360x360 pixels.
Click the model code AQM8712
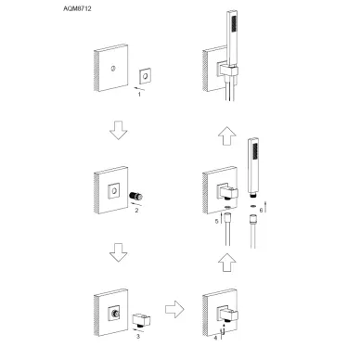coord(77,8)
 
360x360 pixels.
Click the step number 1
coord(139,94)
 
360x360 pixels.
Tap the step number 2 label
coord(136,211)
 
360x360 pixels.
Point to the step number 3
coord(138,336)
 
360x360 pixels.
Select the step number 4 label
coord(215,338)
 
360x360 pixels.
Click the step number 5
coord(217,222)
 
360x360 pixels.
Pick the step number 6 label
coord(261,211)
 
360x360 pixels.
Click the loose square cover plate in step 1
coord(145,75)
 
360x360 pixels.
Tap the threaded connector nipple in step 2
coord(136,196)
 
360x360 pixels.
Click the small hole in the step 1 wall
coord(113,69)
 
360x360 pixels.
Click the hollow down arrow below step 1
coord(118,130)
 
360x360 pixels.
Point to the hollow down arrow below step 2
coord(118,252)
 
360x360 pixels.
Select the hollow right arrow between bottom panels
coord(174,309)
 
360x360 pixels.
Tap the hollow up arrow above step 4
coord(226,263)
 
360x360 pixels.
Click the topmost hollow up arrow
coord(226,136)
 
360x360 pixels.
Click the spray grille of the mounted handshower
coord(234,23)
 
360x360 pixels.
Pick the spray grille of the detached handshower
coord(255,151)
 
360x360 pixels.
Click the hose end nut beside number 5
coord(227,216)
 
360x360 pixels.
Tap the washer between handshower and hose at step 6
coord(252,206)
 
